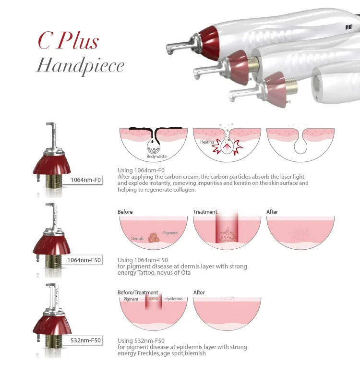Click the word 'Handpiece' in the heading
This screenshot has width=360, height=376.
(80, 65)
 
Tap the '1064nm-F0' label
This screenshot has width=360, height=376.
(85, 180)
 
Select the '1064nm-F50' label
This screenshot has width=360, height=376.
(84, 260)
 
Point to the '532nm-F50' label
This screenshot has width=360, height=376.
(86, 340)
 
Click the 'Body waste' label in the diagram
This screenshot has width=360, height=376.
(156, 157)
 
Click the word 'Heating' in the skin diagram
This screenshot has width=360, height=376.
(207, 142)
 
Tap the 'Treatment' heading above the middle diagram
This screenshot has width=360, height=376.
(205, 212)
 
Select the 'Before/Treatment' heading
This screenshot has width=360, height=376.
(138, 292)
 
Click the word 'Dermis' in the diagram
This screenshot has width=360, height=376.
(137, 238)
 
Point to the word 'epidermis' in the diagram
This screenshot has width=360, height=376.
(173, 299)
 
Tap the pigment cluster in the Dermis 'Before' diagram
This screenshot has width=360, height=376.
(154, 238)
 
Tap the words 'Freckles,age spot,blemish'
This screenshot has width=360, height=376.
(172, 353)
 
